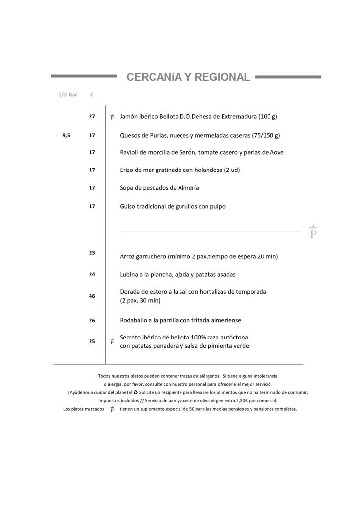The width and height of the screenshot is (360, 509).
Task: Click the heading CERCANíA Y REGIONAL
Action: [188, 77]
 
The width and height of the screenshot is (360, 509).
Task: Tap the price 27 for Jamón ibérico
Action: [92, 116]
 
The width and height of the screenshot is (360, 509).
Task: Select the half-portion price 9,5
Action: [66, 135]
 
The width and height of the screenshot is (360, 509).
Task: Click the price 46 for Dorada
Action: [92, 296]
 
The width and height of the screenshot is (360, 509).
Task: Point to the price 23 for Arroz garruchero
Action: [92, 253]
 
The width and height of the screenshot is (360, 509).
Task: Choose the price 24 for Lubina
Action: [92, 274]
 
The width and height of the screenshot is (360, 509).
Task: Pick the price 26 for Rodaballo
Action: [92, 321]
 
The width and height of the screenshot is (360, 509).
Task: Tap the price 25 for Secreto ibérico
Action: [92, 341]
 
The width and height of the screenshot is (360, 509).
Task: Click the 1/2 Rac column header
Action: [68, 94]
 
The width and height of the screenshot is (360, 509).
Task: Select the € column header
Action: [92, 94]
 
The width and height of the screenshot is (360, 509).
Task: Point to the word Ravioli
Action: [131, 152]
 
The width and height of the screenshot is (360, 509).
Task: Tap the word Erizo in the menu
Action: [128, 170]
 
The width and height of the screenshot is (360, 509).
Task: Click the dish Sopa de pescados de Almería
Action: [160, 188]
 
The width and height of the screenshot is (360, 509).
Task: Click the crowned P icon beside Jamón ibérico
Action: [112, 117]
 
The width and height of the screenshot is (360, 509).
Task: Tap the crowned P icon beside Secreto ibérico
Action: [112, 342]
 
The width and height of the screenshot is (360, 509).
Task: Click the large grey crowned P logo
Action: [313, 232]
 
